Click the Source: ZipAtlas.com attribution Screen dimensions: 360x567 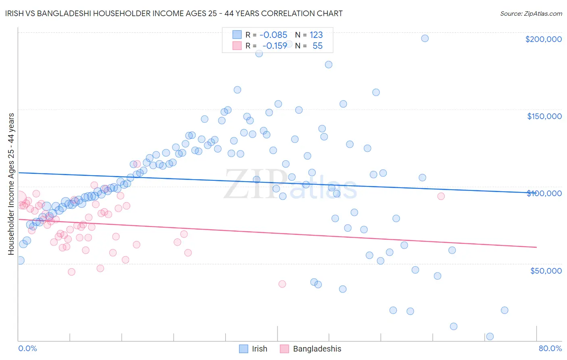[531, 13]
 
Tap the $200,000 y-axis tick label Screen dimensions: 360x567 [543, 39]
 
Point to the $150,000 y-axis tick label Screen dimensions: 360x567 [544, 116]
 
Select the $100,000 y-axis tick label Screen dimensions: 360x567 [544, 193]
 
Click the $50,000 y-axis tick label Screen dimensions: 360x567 [546, 270]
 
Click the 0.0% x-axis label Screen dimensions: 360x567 [27, 348]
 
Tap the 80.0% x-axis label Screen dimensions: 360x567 [550, 348]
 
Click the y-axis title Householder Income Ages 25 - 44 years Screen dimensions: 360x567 [11, 184]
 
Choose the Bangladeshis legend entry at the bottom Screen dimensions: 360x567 [311, 349]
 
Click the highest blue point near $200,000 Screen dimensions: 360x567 [425, 38]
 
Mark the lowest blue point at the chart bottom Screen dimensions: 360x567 [490, 336]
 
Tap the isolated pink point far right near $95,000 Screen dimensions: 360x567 [441, 196]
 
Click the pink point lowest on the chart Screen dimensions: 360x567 [282, 284]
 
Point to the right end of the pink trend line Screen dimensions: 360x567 [536, 247]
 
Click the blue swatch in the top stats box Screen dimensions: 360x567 [237, 35]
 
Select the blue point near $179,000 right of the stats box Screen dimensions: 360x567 [329, 65]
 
